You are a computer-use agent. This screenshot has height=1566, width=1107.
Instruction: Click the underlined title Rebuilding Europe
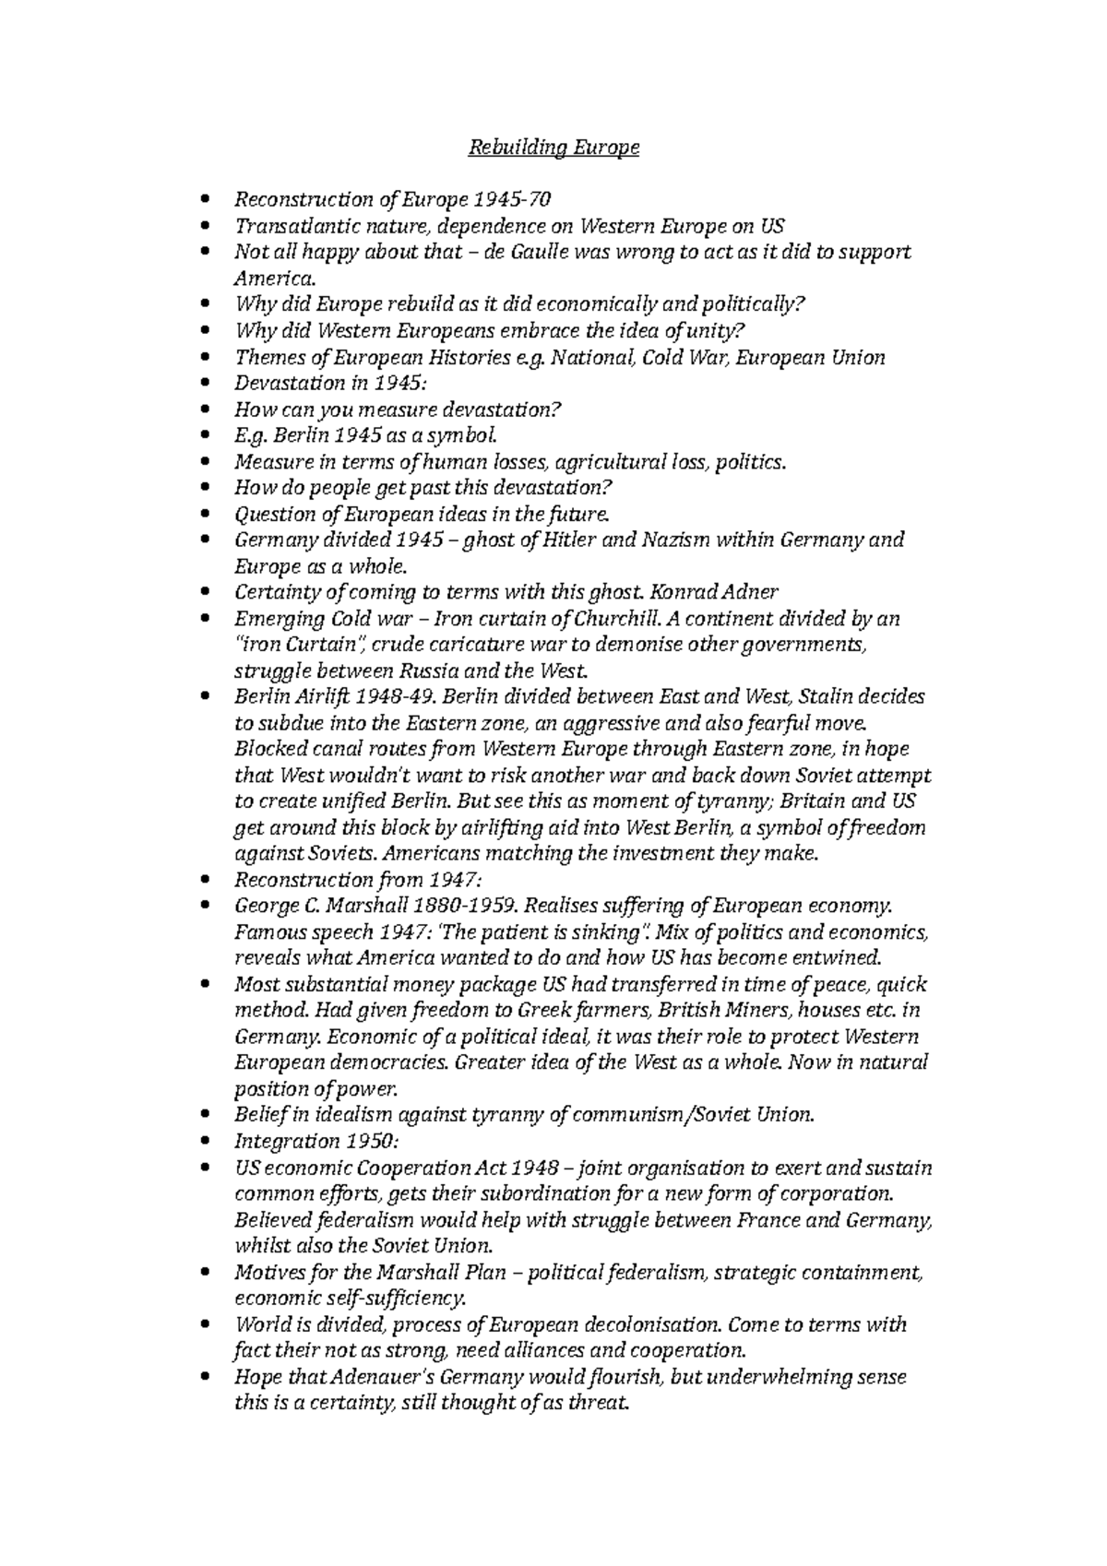coord(553,148)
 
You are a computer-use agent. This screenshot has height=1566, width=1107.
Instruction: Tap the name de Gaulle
coord(530,252)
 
